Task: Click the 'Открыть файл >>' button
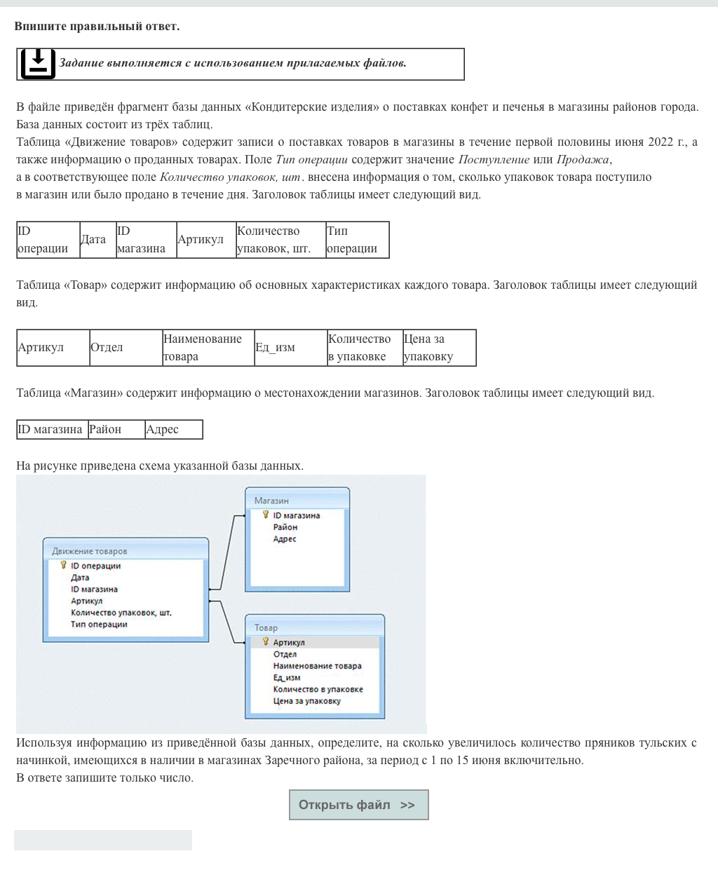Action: tap(358, 805)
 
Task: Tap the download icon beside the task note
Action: tap(38, 64)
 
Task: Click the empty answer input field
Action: tap(103, 840)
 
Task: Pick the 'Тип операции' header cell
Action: tap(357, 240)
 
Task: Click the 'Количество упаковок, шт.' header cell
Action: tap(280, 240)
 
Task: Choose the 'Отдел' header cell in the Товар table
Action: tap(126, 348)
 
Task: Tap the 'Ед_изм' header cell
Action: tap(290, 348)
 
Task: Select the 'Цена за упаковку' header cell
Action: tap(439, 348)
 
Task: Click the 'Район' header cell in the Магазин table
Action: tap(116, 430)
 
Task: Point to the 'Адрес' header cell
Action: tap(173, 430)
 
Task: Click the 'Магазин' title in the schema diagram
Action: tap(271, 501)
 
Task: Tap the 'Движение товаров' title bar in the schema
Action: tap(90, 551)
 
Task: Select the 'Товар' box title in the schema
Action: tap(266, 627)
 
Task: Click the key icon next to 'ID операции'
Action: tap(63, 565)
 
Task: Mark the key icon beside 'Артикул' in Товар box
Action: tap(266, 641)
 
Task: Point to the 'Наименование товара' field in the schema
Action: tap(317, 666)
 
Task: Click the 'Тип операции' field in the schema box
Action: tap(99, 624)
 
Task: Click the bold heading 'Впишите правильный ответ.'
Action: tap(97, 27)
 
